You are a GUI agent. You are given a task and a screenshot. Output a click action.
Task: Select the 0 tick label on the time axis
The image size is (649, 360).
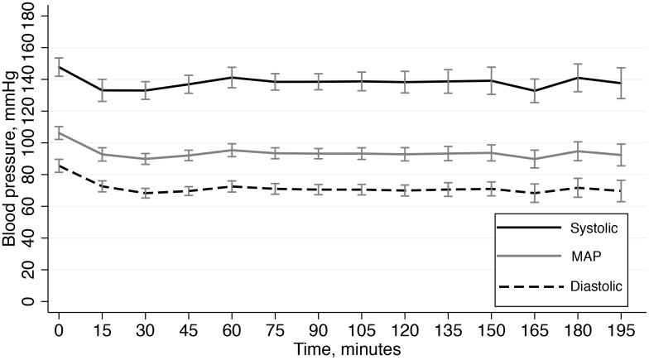(59, 333)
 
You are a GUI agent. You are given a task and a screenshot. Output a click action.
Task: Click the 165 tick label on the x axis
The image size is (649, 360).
(535, 333)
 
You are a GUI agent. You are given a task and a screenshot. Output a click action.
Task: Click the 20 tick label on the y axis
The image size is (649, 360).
(30, 270)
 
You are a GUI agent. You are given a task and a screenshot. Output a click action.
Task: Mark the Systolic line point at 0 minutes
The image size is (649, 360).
(59, 67)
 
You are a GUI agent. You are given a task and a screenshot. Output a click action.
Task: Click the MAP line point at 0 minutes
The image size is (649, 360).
(59, 132)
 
